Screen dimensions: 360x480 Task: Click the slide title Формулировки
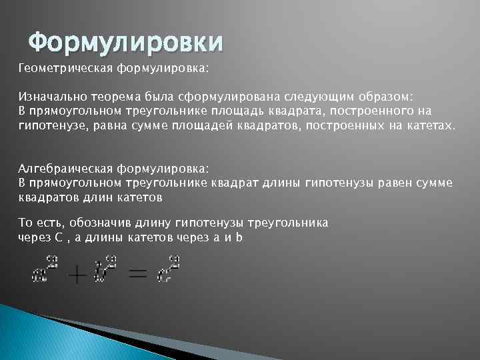[x=126, y=43]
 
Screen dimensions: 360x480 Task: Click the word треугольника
[x=287, y=223]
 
